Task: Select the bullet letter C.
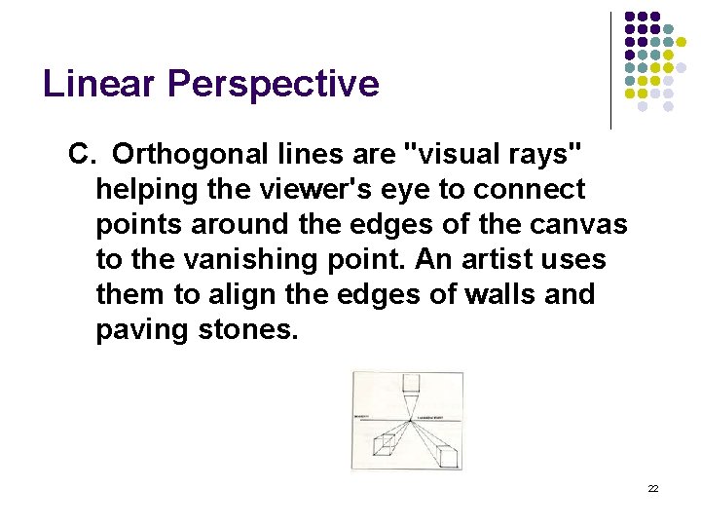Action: [x=80, y=154]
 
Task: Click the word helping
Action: [x=143, y=189]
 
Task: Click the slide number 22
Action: [x=653, y=488]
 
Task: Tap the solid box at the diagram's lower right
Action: [x=448, y=455]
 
